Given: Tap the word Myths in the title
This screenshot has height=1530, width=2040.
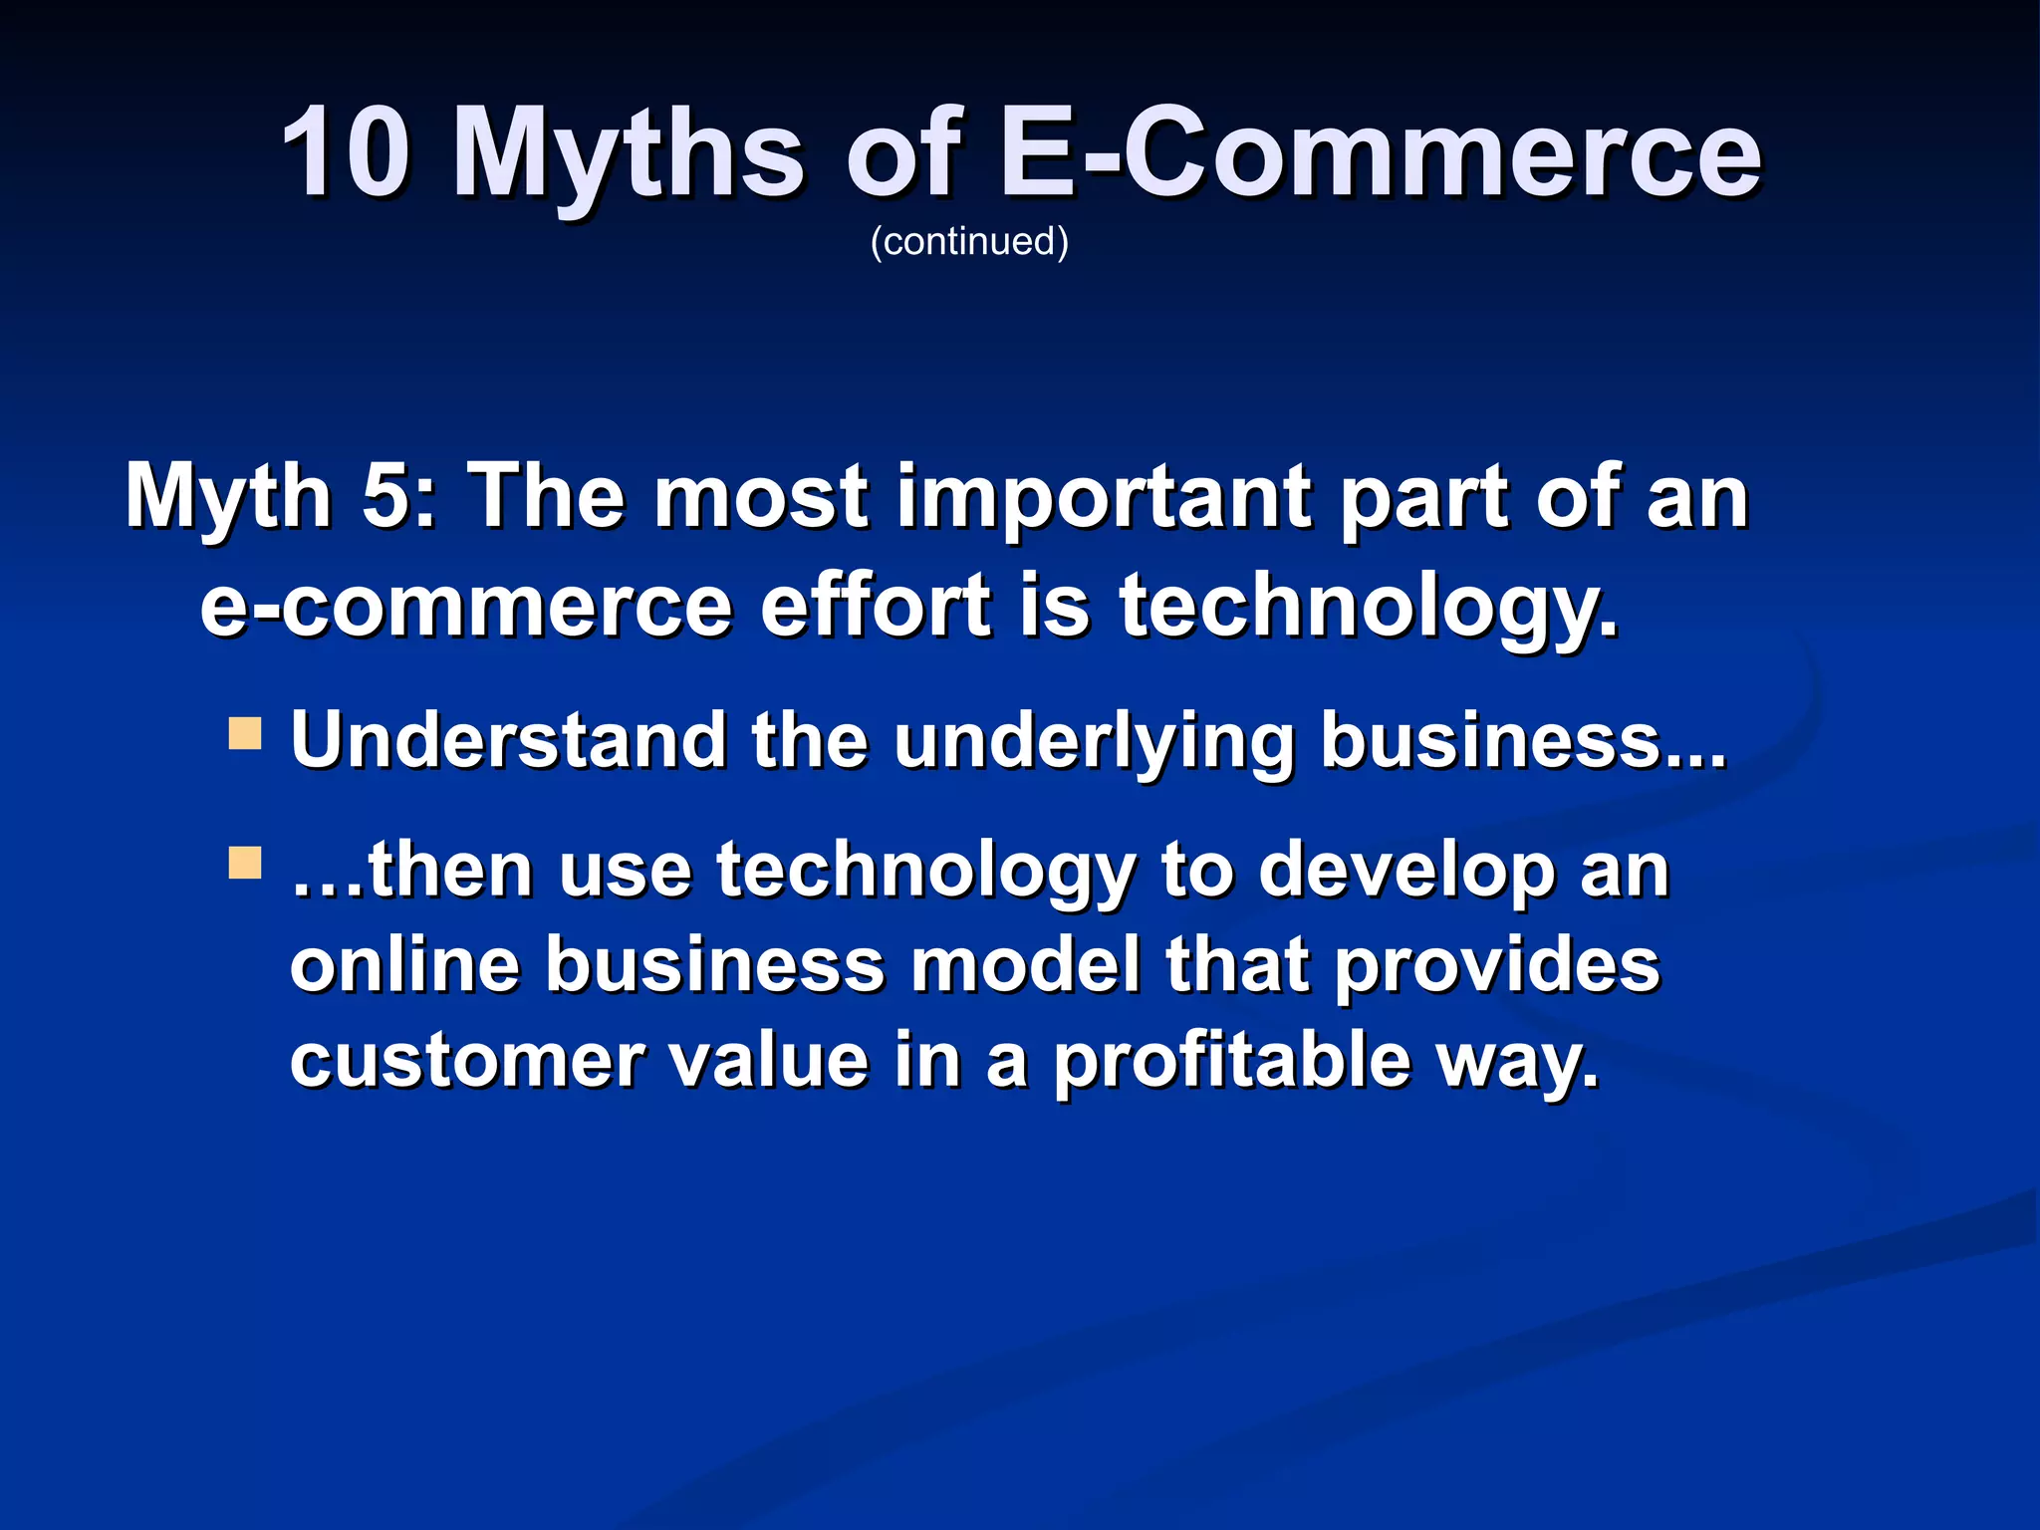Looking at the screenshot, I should (x=628, y=154).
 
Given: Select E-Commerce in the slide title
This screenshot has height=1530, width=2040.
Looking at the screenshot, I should (x=1380, y=154).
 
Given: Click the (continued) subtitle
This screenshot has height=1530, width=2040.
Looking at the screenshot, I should (x=969, y=242).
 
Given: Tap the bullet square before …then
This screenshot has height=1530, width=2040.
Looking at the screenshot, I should (x=244, y=863).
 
